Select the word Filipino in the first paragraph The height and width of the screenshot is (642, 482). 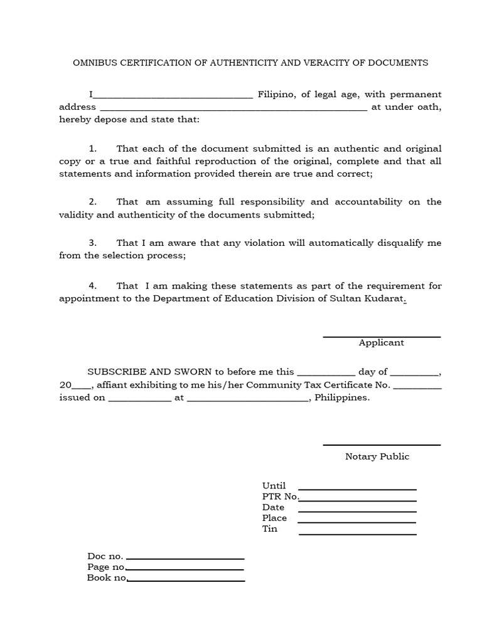(x=276, y=95)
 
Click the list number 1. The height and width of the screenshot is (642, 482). (x=92, y=149)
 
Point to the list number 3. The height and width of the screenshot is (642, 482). (x=92, y=243)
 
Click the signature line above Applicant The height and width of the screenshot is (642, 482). (x=382, y=337)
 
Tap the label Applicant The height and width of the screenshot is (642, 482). (x=382, y=343)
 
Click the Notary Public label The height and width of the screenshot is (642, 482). (x=377, y=456)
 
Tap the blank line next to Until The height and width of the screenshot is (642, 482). (x=357, y=489)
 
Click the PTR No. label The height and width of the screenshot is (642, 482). (x=281, y=497)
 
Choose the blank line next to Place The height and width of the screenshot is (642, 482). (x=357, y=522)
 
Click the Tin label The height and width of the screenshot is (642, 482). (x=270, y=529)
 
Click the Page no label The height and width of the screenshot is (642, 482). (x=105, y=567)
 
